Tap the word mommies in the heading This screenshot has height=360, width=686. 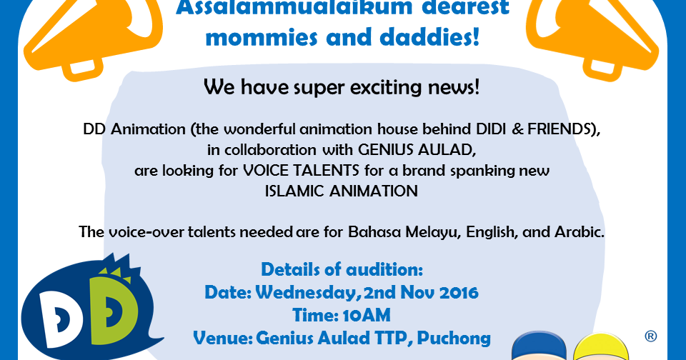(262, 37)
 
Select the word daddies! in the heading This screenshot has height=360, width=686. (429, 37)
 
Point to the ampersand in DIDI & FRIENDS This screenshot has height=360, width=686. (517, 129)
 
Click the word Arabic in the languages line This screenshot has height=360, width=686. (580, 232)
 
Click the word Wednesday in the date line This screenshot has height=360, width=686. (308, 293)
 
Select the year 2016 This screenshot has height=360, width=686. (459, 293)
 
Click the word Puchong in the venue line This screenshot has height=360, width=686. (454, 339)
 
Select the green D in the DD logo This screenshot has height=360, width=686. (110, 307)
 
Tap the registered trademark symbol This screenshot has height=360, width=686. (650, 336)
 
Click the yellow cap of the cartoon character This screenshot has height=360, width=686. (601, 349)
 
